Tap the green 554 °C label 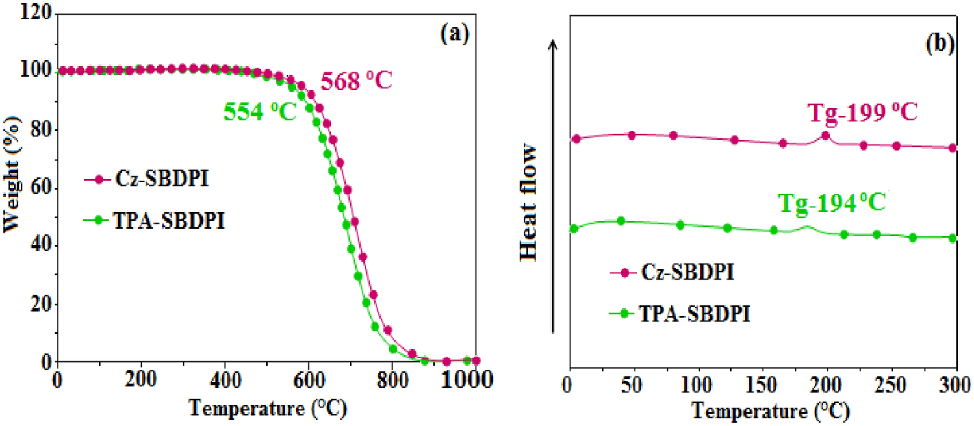tap(260, 112)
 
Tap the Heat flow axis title tap(530, 203)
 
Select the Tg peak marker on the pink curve tap(825, 136)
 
